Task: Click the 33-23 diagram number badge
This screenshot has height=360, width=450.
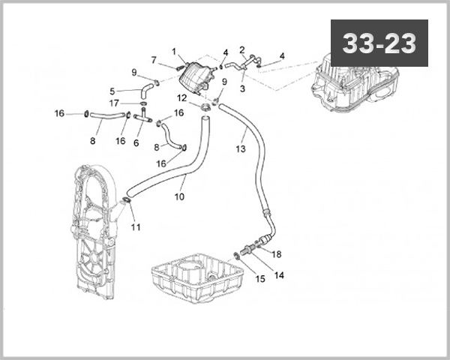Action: click(x=379, y=43)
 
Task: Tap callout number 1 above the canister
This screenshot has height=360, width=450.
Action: click(x=174, y=52)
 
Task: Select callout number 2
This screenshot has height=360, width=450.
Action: click(x=242, y=49)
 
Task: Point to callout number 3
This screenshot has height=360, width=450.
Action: click(x=242, y=88)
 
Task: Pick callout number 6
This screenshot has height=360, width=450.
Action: click(x=136, y=142)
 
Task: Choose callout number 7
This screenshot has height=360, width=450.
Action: click(x=153, y=60)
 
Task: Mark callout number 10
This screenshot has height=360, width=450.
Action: click(x=179, y=198)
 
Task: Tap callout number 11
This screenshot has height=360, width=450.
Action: click(x=135, y=227)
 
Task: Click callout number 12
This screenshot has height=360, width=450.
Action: click(x=182, y=97)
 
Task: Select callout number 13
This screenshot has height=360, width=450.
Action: click(x=240, y=150)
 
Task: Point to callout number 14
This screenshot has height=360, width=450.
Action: click(x=279, y=275)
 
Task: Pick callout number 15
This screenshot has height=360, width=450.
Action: click(x=260, y=279)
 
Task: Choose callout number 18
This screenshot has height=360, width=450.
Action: click(x=276, y=254)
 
